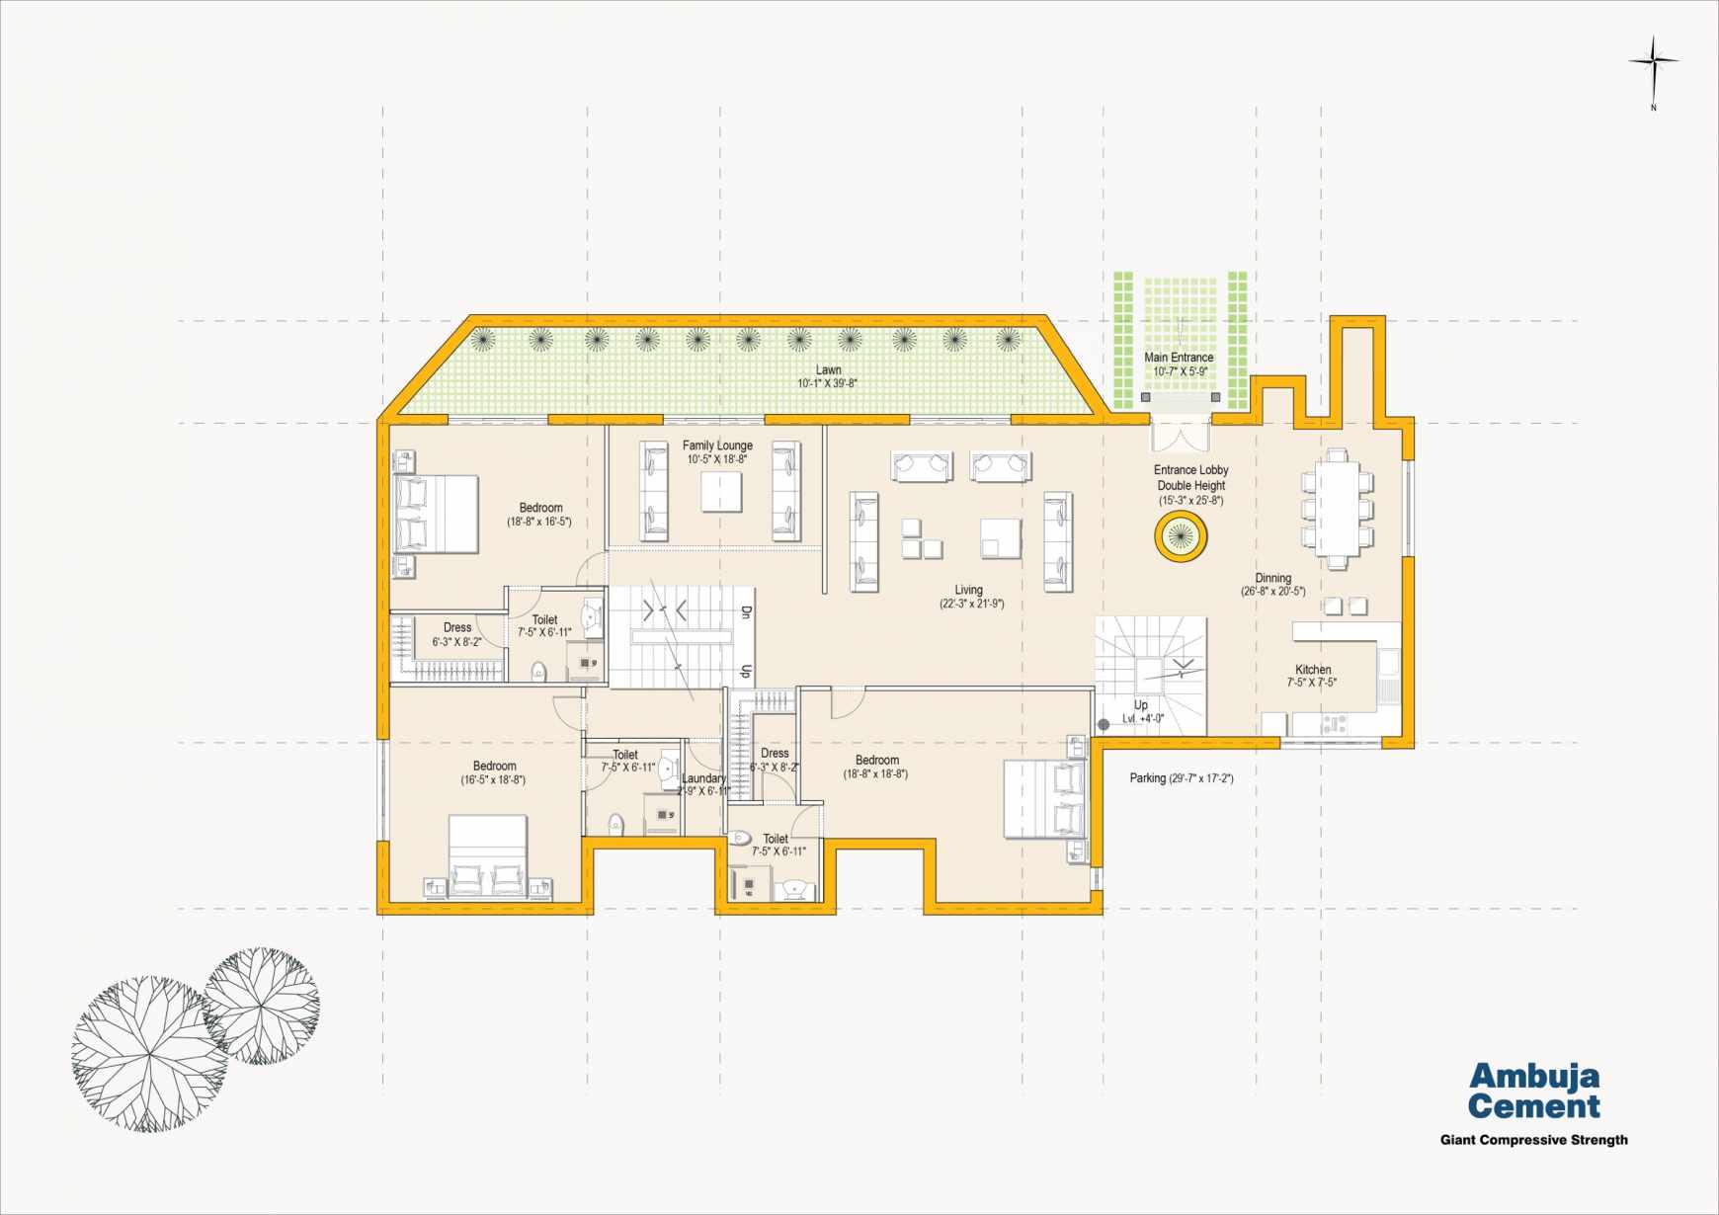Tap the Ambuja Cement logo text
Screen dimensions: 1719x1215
1533,1091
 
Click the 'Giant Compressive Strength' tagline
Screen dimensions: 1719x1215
1533,1140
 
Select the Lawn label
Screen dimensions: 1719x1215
828,376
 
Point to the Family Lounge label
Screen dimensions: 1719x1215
717,452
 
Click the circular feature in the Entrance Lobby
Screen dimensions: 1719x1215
1181,536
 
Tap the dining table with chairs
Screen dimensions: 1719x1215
1337,509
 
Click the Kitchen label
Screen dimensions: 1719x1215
1313,676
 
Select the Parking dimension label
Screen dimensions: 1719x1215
1182,778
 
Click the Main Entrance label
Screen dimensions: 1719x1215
1180,364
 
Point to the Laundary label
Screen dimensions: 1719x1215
703,784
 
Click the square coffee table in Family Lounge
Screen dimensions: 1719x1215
721,492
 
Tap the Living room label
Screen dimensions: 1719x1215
971,597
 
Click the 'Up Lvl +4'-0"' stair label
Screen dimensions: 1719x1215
1143,712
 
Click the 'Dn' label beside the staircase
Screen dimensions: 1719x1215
746,612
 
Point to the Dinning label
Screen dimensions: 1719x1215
1273,585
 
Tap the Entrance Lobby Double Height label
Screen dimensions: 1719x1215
1191,485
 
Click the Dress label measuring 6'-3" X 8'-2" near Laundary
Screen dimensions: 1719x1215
775,760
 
